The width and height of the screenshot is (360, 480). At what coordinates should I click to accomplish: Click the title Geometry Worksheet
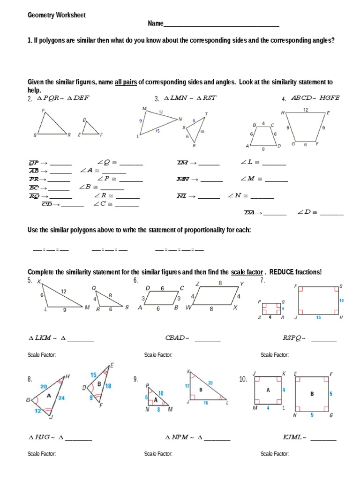(x=56, y=15)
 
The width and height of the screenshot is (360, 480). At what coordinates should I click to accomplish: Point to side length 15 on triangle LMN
(x=157, y=131)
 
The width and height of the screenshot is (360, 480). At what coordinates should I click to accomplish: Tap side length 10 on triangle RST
(x=202, y=132)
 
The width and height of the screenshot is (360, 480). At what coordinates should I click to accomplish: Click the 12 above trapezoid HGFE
(x=305, y=110)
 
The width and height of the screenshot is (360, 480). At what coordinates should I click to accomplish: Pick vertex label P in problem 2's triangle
(x=43, y=111)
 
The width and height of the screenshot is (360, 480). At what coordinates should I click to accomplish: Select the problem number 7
(x=262, y=280)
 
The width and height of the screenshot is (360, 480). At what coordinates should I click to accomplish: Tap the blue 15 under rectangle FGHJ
(x=318, y=317)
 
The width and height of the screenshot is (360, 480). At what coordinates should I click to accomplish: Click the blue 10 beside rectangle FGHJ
(x=341, y=300)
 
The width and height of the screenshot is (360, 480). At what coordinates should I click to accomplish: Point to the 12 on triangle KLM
(x=63, y=291)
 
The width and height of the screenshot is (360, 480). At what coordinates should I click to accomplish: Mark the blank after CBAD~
(x=207, y=338)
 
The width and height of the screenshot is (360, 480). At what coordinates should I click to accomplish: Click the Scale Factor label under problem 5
(x=42, y=355)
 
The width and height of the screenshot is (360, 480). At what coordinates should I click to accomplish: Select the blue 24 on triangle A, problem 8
(x=61, y=397)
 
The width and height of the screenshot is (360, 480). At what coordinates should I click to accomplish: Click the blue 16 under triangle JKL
(x=206, y=402)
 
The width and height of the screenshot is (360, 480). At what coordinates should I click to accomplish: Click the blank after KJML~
(x=323, y=438)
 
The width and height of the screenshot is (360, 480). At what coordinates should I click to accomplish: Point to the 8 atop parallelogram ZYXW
(x=219, y=283)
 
